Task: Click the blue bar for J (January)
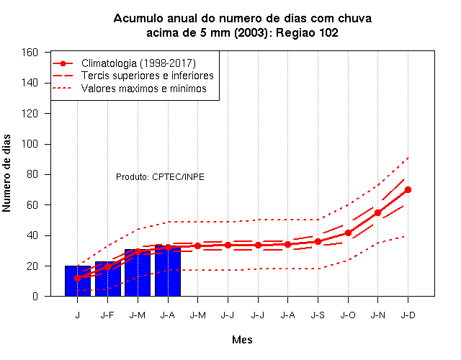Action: pos(78,281)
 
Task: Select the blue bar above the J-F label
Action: pos(107,279)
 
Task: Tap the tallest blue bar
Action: pos(168,271)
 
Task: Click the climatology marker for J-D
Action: pos(408,190)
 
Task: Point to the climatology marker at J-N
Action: pos(377,212)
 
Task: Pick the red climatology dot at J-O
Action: pos(348,233)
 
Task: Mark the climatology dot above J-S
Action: pos(318,242)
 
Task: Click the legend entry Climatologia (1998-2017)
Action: pos(138,63)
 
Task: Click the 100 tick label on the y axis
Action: pos(30,144)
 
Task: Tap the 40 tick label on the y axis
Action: pos(32,235)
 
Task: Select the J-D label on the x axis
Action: pos(408,315)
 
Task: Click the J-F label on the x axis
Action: pos(107,315)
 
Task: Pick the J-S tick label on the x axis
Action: pos(318,315)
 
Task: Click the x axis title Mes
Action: pos(242,340)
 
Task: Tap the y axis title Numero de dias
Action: pos(6,173)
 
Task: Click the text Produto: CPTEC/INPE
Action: pos(160,177)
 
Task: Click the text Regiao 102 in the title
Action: pos(308,32)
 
